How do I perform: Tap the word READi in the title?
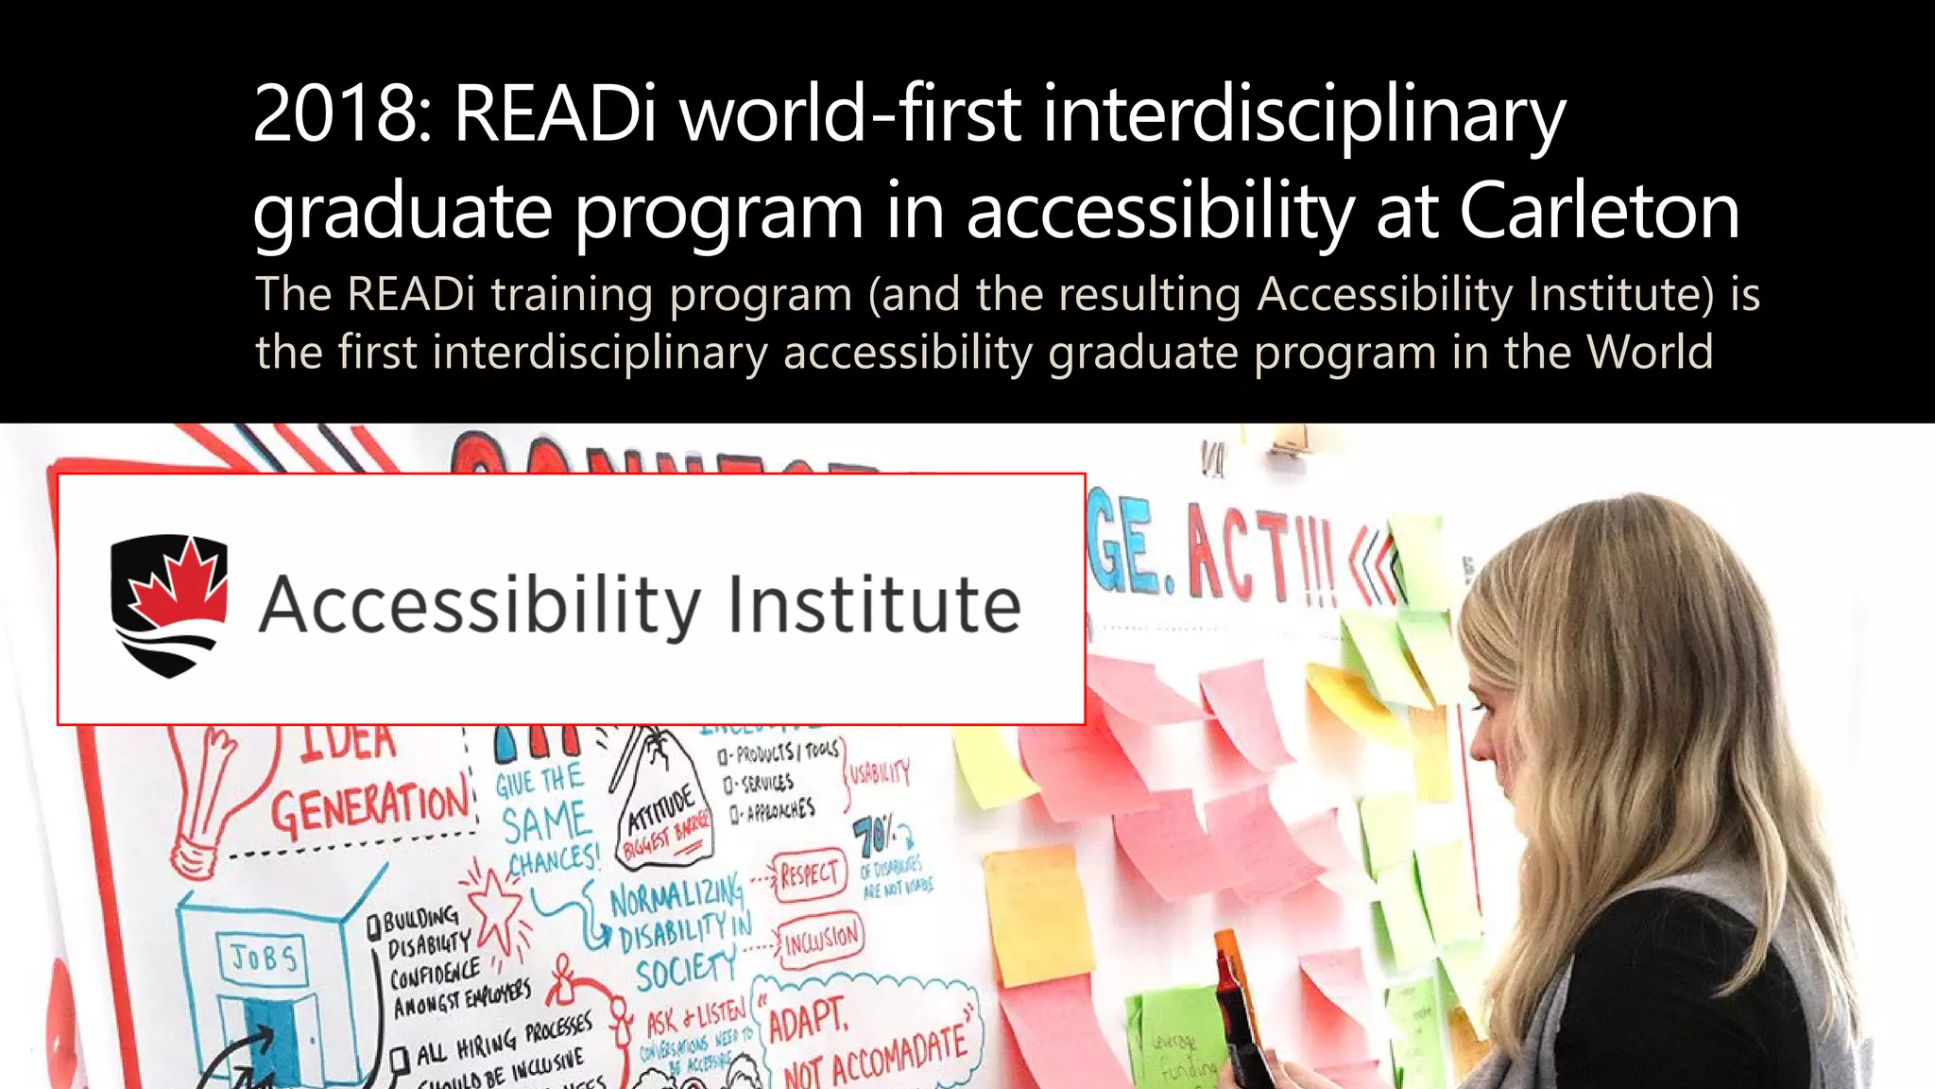[555, 114]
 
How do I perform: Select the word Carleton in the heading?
[1599, 211]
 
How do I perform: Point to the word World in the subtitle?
[1649, 353]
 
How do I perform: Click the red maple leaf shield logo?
[169, 605]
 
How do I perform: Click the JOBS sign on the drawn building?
[265, 958]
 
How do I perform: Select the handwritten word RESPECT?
[808, 874]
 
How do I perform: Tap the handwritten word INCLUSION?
[822, 939]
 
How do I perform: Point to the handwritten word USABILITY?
[880, 773]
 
